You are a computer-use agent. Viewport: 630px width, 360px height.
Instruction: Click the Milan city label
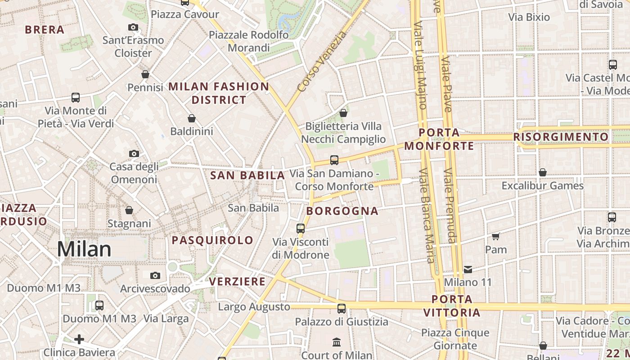pyautogui.click(x=84, y=249)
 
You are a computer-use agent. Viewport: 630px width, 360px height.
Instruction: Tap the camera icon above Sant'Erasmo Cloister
pyautogui.click(x=133, y=27)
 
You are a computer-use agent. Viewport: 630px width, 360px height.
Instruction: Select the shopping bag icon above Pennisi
pyautogui.click(x=145, y=74)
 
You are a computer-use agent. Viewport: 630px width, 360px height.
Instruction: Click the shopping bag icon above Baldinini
pyautogui.click(x=192, y=118)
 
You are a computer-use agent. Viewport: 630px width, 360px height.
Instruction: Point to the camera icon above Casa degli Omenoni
pyautogui.click(x=134, y=153)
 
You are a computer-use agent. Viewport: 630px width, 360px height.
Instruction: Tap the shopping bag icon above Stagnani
pyautogui.click(x=129, y=210)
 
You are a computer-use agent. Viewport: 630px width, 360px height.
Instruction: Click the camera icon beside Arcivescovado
pyautogui.click(x=155, y=275)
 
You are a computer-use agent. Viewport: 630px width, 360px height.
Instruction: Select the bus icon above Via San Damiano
pyautogui.click(x=334, y=160)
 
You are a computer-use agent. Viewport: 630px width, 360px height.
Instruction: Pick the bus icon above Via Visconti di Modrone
pyautogui.click(x=301, y=229)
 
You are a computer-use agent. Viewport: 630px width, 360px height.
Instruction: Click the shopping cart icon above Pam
pyautogui.click(x=495, y=236)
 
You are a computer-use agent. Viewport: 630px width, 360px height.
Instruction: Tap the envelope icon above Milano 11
pyautogui.click(x=468, y=269)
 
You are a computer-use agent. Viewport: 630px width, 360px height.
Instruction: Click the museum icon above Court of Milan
pyautogui.click(x=337, y=342)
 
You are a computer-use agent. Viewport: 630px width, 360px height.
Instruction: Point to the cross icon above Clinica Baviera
pyautogui.click(x=79, y=339)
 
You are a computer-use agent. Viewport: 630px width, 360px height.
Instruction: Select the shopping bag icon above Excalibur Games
pyautogui.click(x=543, y=172)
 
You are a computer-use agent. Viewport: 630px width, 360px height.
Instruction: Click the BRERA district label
pyautogui.click(x=45, y=30)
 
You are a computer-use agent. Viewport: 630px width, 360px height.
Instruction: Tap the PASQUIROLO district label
pyautogui.click(x=212, y=240)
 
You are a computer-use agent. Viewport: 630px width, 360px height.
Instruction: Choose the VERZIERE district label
pyautogui.click(x=237, y=282)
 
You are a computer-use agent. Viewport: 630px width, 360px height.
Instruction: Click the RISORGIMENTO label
pyautogui.click(x=561, y=137)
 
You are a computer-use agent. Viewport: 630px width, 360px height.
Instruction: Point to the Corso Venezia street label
pyautogui.click(x=322, y=61)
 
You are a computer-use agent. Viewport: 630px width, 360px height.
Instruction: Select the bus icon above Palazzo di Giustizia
pyautogui.click(x=342, y=309)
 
